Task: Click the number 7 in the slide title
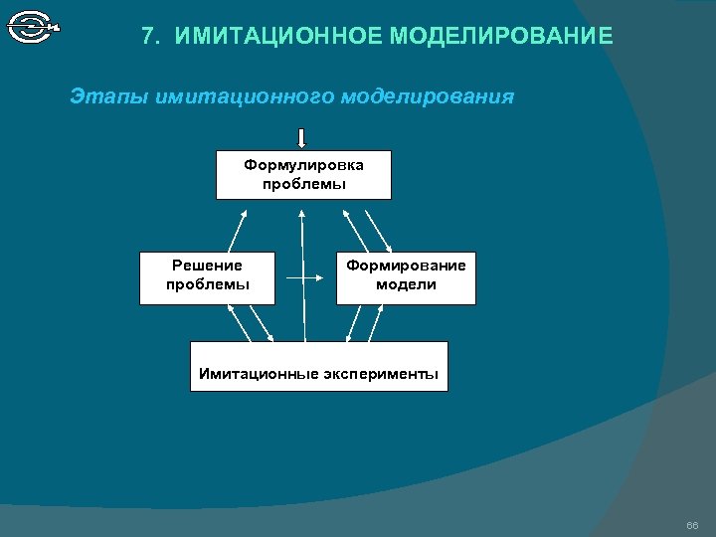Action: pos(149,37)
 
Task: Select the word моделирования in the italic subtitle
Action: pos(428,97)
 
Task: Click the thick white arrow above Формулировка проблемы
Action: pos(301,137)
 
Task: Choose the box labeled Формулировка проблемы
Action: pos(303,175)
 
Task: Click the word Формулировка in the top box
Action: pos(303,165)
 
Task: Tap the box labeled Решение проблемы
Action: pos(207,276)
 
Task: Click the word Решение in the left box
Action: pos(207,266)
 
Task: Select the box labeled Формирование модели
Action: pos(406,276)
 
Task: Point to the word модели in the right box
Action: pos(406,285)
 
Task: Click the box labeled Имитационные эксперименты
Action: pos(318,366)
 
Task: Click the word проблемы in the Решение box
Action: pos(207,285)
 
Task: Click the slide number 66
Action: pos(692,524)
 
